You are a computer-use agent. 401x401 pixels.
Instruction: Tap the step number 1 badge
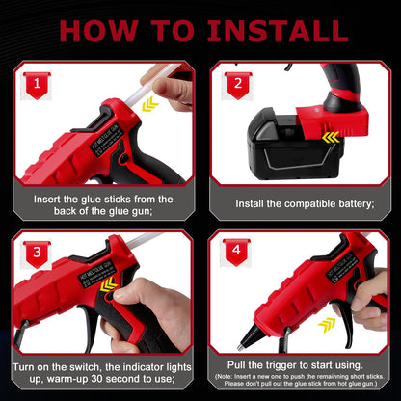click(35, 86)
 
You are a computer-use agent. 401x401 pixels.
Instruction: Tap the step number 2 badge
click(235, 86)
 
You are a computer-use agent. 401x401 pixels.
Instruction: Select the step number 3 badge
click(35, 254)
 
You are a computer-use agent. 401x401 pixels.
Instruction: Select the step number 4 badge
click(235, 254)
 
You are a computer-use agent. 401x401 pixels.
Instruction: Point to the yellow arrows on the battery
click(331, 137)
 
